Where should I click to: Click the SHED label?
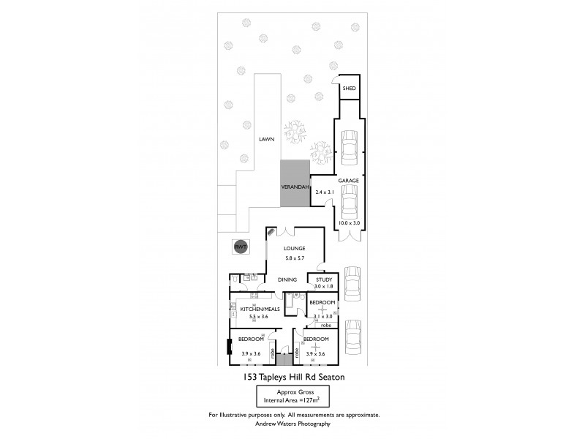pos(349,89)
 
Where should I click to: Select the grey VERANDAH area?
pos(295,187)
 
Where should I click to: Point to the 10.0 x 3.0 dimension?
pos(349,222)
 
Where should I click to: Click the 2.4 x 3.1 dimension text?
pos(324,192)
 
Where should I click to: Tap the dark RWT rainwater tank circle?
pos(240,247)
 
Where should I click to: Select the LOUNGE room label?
pos(295,249)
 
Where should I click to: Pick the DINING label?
pos(287,279)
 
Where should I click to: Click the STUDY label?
pos(323,279)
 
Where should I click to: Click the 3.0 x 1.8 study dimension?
pos(323,286)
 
